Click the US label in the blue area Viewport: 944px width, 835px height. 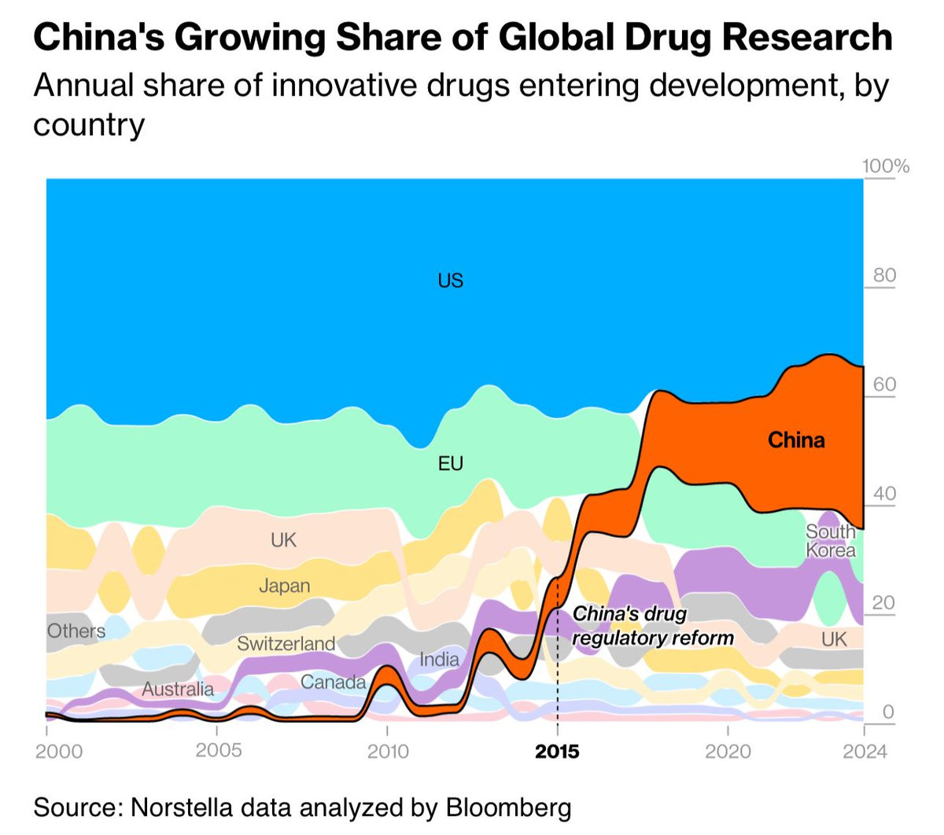pyautogui.click(x=450, y=281)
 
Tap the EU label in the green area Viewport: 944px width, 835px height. pyautogui.click(x=450, y=464)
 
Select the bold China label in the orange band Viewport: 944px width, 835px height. pyautogui.click(x=796, y=440)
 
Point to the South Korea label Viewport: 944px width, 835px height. pyautogui.click(x=830, y=541)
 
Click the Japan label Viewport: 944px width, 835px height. pyautogui.click(x=284, y=586)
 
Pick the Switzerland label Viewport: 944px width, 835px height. pyautogui.click(x=286, y=644)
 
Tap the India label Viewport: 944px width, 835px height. pyautogui.click(x=439, y=659)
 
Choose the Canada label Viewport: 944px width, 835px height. pyautogui.click(x=333, y=682)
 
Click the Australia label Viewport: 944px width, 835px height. pyautogui.click(x=178, y=690)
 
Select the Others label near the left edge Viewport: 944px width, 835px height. pyautogui.click(x=76, y=631)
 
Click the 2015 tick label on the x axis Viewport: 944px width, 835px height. pyautogui.click(x=557, y=752)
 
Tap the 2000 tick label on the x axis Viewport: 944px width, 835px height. pyautogui.click(x=58, y=752)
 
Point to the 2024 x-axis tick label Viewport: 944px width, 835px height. pyautogui.click(x=864, y=752)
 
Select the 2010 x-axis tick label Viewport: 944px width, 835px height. pyautogui.click(x=388, y=752)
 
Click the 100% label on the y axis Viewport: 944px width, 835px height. pyautogui.click(x=885, y=166)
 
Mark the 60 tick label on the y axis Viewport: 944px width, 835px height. pyautogui.click(x=884, y=384)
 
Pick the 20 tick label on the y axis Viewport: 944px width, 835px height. pyautogui.click(x=884, y=602)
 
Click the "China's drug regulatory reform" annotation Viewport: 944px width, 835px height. pyautogui.click(x=652, y=626)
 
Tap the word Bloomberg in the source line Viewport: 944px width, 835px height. pyautogui.click(x=508, y=807)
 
